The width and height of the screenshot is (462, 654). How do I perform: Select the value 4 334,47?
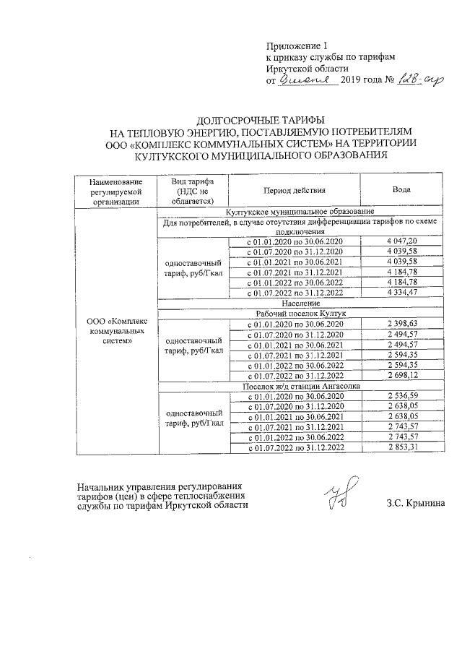point(402,292)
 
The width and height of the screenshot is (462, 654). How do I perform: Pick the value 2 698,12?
point(402,377)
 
